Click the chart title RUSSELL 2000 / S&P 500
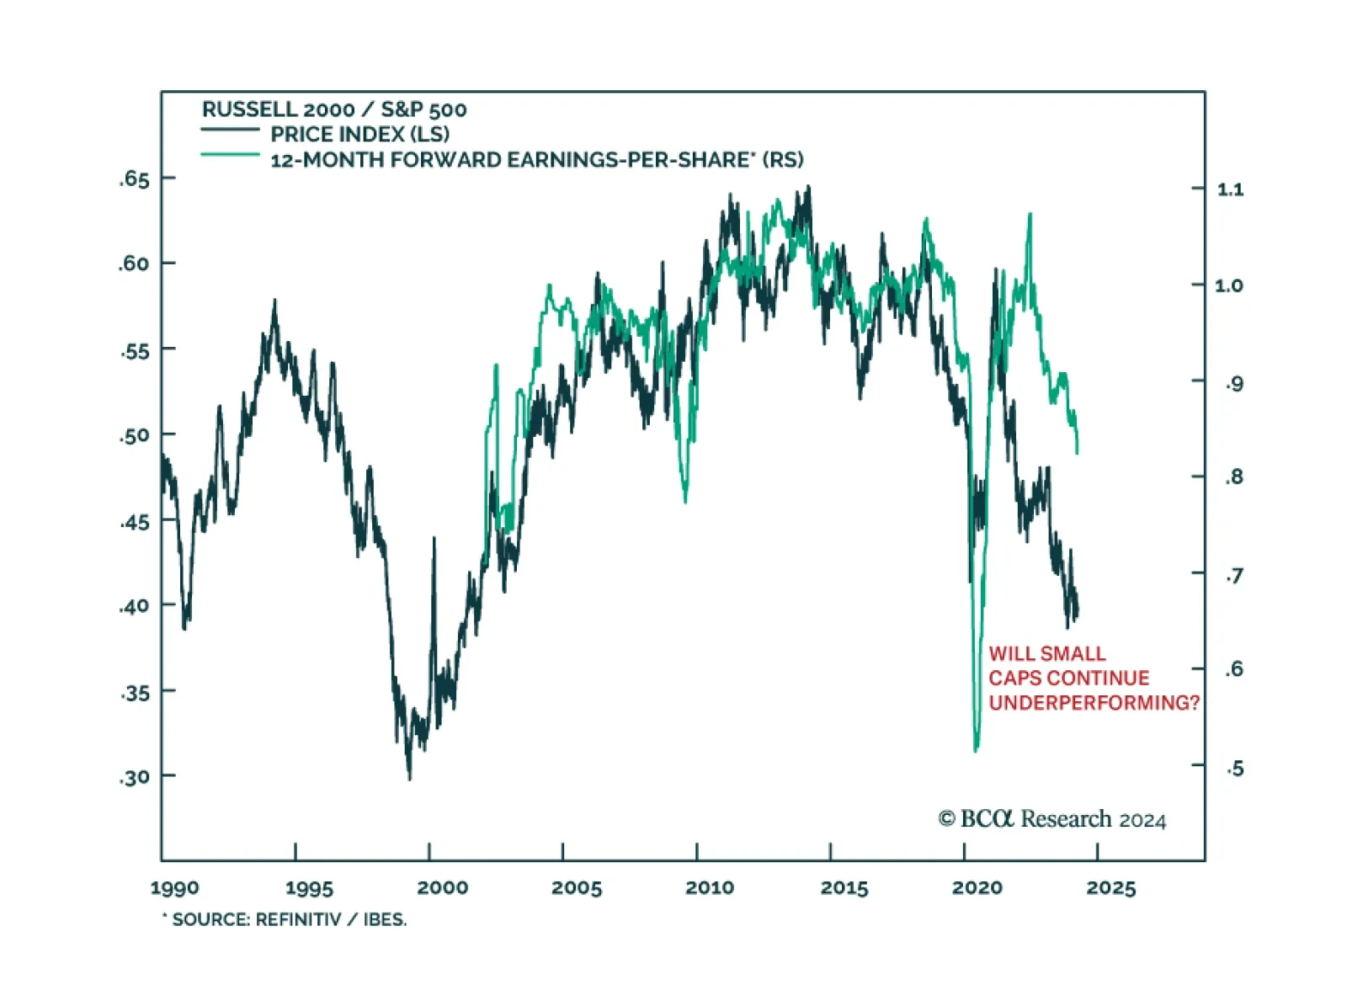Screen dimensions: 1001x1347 tap(334, 109)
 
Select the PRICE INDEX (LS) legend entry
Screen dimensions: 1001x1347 tap(359, 134)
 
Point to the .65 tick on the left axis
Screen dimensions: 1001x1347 tap(134, 178)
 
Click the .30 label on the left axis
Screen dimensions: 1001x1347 tap(134, 776)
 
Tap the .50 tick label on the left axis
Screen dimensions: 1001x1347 tap(134, 435)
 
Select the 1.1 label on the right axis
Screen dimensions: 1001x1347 tap(1230, 189)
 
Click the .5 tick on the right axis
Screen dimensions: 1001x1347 tap(1234, 768)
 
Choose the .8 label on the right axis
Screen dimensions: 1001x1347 tap(1234, 477)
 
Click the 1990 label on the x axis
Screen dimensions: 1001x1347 tap(175, 888)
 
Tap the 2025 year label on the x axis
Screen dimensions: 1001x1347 tap(1110, 888)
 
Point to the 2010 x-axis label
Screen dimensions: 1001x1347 tap(710, 888)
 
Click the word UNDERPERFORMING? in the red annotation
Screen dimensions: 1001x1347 tap(1094, 703)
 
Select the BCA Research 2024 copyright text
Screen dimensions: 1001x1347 tap(1052, 819)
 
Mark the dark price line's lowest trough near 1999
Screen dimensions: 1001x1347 tap(410, 779)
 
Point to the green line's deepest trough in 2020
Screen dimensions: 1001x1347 tap(977, 750)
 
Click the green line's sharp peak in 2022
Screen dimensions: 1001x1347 tap(1030, 215)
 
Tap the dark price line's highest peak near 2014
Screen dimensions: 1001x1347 tap(809, 187)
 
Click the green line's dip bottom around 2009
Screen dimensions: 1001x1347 tap(685, 502)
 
